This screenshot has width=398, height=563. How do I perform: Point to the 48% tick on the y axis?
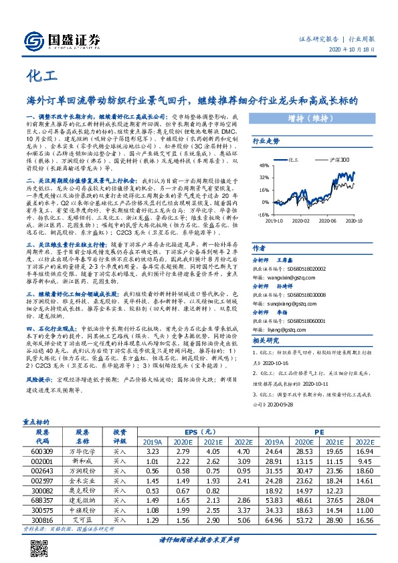click(x=264, y=166)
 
